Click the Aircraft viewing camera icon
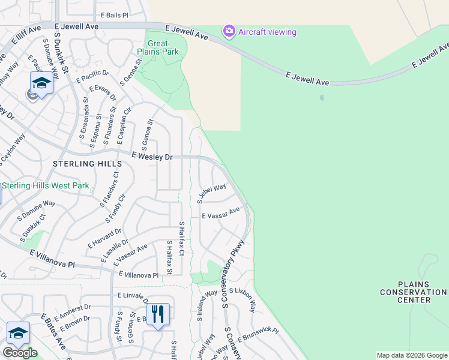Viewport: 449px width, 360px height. [228, 31]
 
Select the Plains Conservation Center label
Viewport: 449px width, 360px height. [414, 292]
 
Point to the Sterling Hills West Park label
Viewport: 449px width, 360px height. [46, 186]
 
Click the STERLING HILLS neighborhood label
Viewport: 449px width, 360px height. [82, 164]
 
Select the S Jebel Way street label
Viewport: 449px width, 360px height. [211, 193]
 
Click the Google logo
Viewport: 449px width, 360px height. [20, 353]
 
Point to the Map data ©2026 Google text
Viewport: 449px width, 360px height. [412, 355]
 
